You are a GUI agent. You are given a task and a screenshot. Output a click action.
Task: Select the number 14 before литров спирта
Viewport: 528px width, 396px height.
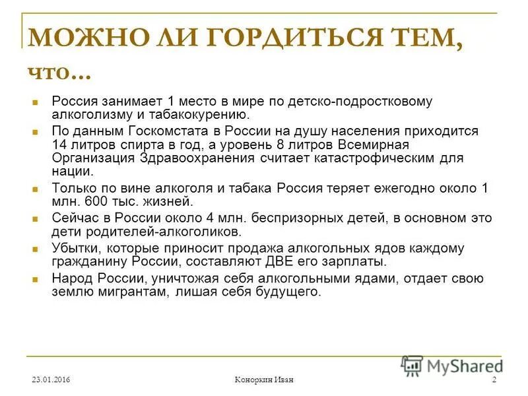coord(59,145)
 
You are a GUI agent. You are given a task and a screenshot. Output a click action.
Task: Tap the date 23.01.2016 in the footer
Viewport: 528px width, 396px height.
coord(51,379)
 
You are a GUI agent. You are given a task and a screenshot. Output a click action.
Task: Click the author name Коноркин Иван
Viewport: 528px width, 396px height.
coord(264,379)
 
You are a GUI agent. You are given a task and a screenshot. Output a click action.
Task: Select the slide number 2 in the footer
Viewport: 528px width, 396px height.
coord(494,379)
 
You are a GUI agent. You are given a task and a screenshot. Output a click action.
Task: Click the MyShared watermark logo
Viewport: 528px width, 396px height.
coord(451,365)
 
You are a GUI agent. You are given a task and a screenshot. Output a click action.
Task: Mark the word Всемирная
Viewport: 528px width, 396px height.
coord(371,145)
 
